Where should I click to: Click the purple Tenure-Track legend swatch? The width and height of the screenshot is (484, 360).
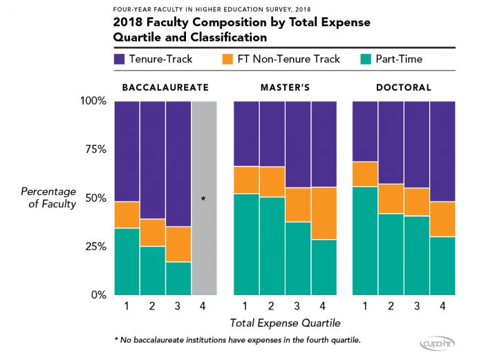click(119, 59)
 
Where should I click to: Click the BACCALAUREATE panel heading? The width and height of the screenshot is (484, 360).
click(165, 88)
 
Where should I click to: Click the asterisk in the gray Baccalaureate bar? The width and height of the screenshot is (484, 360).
click(203, 199)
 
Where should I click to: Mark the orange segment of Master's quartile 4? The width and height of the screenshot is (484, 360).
click(324, 214)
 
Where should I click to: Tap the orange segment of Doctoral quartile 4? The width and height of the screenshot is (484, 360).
click(443, 219)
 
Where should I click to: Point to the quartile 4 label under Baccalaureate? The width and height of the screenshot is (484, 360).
click(203, 306)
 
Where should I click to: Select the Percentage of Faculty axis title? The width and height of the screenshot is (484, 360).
click(48, 198)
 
